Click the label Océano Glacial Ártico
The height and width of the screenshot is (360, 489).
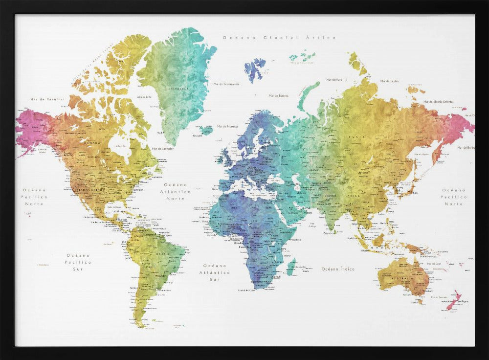279,38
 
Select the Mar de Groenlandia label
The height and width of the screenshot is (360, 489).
226,84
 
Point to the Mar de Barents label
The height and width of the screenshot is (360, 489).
278,95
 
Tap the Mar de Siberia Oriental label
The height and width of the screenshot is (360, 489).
439,102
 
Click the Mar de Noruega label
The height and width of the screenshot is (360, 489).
227,126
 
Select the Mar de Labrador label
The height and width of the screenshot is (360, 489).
163,148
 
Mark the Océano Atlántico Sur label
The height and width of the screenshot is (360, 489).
215,272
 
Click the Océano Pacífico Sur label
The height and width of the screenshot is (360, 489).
79,262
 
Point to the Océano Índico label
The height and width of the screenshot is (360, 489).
338,269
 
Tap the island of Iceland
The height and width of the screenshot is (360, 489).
206,131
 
